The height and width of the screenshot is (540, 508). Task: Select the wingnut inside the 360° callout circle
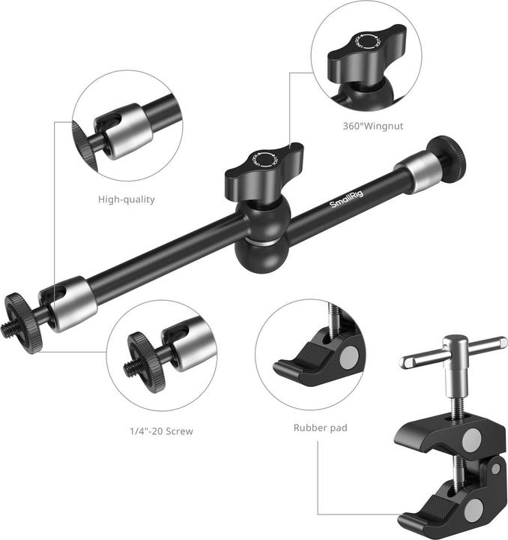[366, 52]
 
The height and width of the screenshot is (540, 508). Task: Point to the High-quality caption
[127, 199]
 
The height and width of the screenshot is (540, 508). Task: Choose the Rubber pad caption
[320, 428]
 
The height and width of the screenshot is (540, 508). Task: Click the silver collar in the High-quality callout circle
[130, 132]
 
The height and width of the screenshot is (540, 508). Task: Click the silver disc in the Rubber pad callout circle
[348, 359]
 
